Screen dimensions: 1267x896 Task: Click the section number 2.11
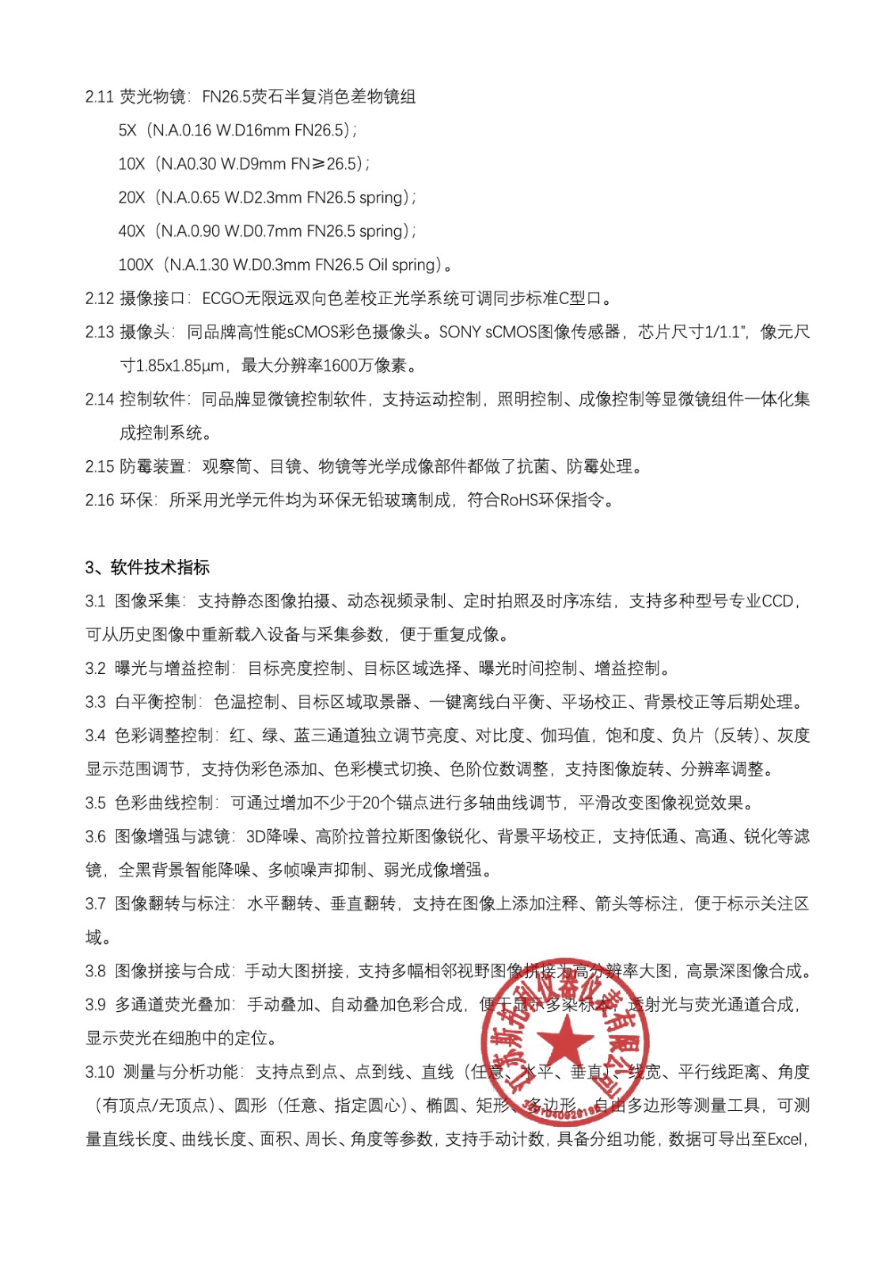pos(100,97)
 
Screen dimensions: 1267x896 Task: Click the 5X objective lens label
pos(127,131)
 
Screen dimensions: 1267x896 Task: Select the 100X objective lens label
pos(135,265)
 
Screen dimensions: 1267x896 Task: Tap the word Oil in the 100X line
pos(378,265)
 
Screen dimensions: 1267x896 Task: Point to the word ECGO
pos(224,299)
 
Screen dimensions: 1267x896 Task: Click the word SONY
pos(460,333)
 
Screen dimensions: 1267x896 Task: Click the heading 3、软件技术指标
pos(147,567)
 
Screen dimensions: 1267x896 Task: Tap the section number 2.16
pos(100,500)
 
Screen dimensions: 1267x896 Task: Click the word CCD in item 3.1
pos(777,601)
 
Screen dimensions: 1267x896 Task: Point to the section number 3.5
pos(96,803)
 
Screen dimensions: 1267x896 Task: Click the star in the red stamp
pos(566,1040)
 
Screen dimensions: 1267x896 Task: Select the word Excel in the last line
pos(785,1140)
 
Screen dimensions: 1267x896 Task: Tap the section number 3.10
pos(100,1072)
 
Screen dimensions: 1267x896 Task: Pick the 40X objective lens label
pos(131,231)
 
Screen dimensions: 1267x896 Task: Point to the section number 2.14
pos(100,400)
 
